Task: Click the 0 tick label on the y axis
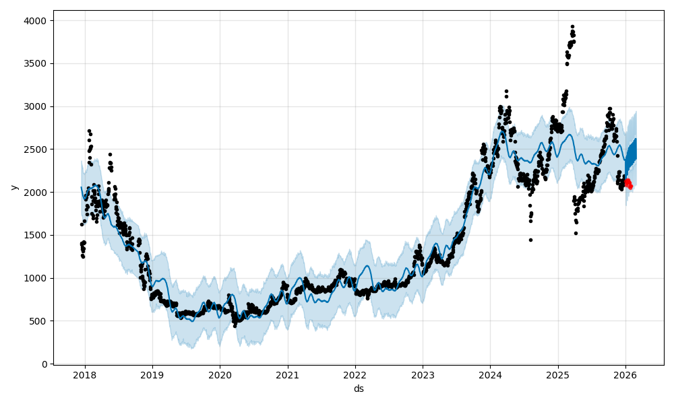45,364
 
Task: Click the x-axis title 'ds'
359,389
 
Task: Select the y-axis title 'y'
13,187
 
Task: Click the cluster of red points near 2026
628,182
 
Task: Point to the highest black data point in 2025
572,27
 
